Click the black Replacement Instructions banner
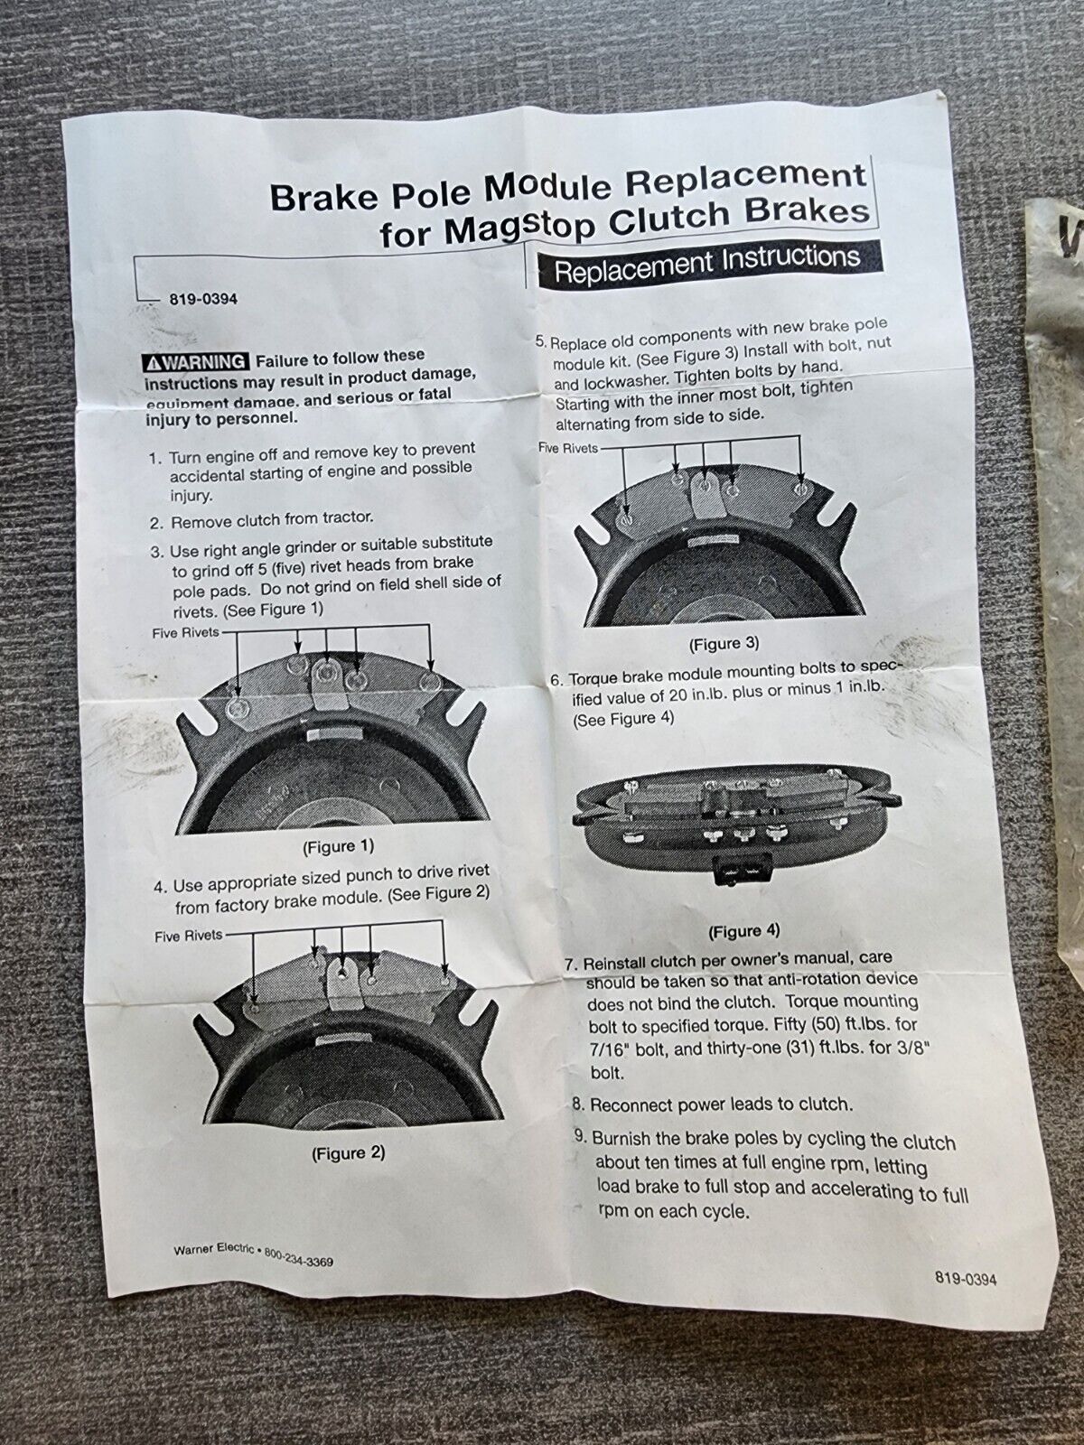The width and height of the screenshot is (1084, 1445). (709, 264)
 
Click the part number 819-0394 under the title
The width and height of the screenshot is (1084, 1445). (203, 299)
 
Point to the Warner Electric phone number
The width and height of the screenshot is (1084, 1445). (299, 1257)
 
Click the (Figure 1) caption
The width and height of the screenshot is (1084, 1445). (338, 846)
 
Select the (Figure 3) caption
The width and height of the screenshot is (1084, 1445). (724, 644)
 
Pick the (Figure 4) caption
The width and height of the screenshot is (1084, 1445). (743, 931)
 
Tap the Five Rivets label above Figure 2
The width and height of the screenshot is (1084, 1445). (189, 936)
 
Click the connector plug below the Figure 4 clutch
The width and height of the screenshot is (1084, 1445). (736, 870)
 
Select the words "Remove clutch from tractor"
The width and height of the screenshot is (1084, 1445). (272, 520)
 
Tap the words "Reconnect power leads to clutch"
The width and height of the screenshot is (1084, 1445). (721, 1105)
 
